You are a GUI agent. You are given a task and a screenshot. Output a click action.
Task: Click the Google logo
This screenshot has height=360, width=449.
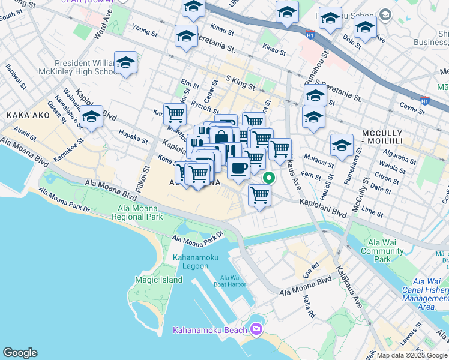(20, 353)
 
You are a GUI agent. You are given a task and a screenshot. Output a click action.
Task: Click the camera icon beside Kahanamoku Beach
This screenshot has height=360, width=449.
(256, 329)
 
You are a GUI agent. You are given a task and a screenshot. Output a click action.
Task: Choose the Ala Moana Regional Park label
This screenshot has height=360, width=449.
(137, 212)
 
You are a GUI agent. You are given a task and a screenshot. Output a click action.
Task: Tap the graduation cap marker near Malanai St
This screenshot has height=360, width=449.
(342, 145)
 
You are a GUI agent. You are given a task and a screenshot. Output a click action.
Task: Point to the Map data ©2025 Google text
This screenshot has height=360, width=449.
(412, 355)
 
